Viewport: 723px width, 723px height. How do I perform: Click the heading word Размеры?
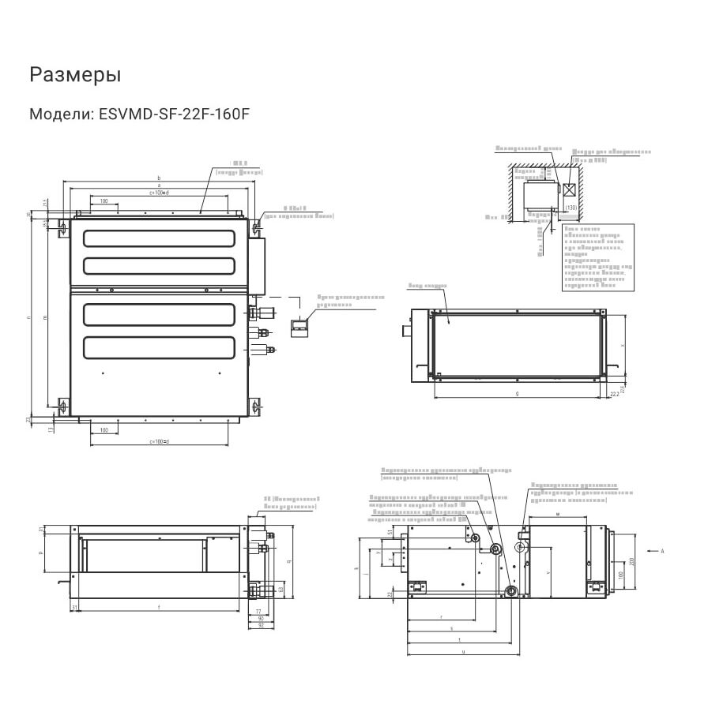75,75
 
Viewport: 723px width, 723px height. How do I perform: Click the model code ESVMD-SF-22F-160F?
174,114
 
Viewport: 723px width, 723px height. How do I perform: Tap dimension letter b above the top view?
159,178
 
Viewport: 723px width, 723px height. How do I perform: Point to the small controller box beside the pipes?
299,326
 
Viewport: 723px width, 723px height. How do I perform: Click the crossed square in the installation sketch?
570,190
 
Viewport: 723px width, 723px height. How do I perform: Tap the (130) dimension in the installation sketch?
570,208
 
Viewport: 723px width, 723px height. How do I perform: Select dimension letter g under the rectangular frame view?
517,392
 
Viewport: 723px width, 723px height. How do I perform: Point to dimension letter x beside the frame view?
623,346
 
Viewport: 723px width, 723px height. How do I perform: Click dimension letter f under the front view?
159,607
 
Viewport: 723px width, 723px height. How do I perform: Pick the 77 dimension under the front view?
258,612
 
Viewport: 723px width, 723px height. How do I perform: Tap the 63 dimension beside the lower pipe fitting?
281,590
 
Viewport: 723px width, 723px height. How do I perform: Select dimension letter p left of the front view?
40,554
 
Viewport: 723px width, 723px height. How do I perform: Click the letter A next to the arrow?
662,550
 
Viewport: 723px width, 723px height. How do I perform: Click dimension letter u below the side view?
463,652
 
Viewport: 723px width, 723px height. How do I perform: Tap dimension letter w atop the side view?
558,514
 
